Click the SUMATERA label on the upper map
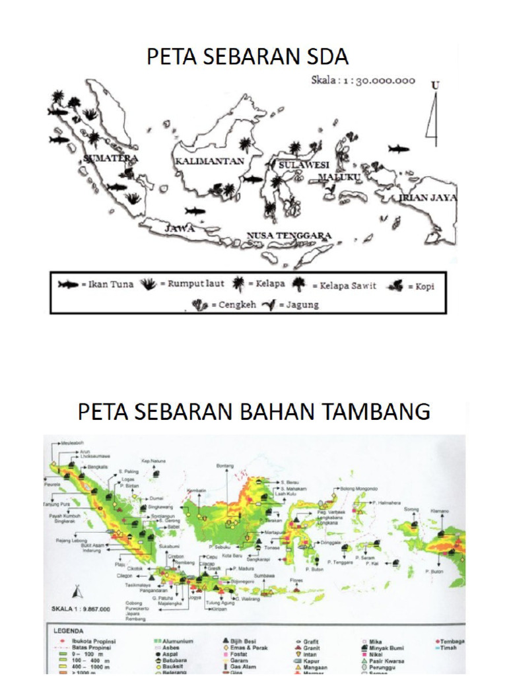coord(111,158)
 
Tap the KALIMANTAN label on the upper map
coord(209,161)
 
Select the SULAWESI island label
coord(304,164)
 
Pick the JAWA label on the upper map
coord(180,228)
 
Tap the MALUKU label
coord(339,178)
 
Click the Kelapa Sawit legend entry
coord(348,285)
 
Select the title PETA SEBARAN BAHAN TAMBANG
coord(253,411)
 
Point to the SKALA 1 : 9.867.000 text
coord(81,609)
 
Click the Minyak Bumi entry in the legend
coord(391,648)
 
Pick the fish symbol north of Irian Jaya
coord(398,149)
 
